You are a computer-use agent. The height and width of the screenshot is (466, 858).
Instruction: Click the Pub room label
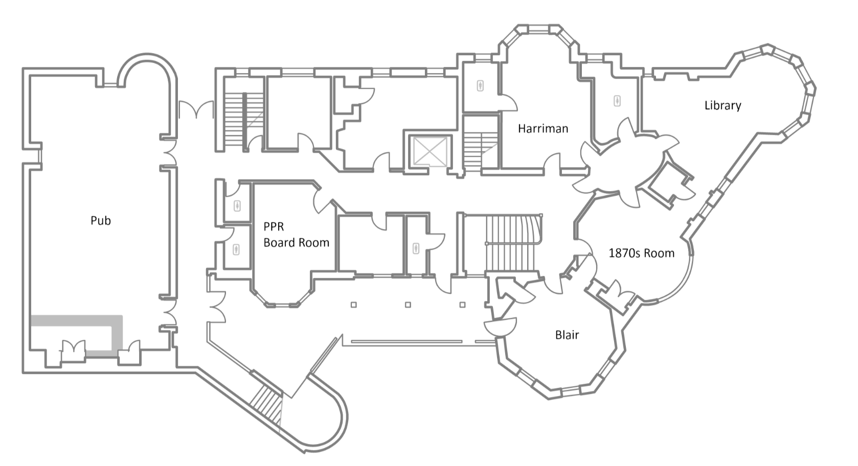coord(101,221)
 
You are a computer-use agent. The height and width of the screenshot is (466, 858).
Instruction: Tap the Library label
coord(722,106)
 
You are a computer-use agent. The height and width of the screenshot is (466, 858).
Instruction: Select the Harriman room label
coord(543,129)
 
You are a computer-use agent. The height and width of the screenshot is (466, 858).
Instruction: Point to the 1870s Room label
coord(641,253)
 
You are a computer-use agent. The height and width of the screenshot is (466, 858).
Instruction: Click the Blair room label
coord(567,335)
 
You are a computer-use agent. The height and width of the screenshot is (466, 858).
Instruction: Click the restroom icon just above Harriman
coord(481,85)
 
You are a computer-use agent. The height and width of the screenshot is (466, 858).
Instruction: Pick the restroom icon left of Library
coord(617,101)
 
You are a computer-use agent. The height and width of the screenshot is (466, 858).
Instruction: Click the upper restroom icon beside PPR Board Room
coord(237,206)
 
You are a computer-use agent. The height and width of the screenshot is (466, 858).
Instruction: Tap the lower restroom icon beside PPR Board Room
coord(236,250)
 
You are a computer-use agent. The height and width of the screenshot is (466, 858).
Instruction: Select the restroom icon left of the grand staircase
coord(416,249)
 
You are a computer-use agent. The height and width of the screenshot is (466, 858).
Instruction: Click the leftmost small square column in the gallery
coord(353,305)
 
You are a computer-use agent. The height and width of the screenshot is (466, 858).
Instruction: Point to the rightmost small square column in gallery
coord(462,305)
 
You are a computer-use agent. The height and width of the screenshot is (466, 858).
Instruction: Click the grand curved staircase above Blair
coord(511,243)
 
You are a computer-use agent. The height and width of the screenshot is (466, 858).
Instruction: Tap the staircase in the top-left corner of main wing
coord(236,119)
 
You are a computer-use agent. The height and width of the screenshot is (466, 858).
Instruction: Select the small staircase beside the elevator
coord(479,148)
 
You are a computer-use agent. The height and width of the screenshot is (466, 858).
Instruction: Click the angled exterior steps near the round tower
coord(267,401)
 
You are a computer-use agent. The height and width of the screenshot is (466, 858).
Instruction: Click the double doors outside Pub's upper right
coord(195,110)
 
